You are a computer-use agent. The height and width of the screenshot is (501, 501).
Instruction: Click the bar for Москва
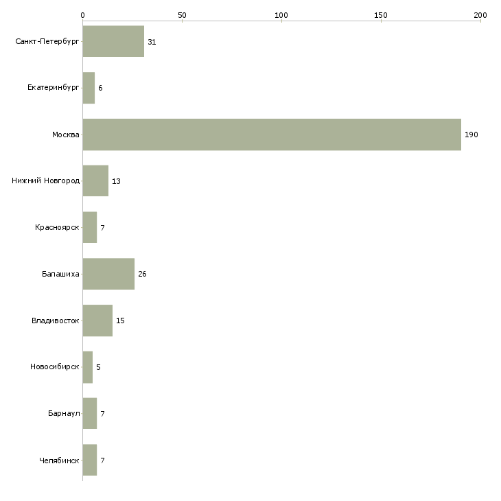click(272, 135)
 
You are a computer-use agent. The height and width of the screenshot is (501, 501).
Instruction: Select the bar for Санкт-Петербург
click(113, 41)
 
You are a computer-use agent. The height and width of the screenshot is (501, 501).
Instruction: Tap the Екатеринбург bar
click(89, 88)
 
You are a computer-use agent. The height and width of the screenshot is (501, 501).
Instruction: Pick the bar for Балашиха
click(108, 274)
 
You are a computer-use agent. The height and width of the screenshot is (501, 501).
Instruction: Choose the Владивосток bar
click(97, 321)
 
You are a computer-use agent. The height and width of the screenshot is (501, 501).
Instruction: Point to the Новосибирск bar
click(87, 367)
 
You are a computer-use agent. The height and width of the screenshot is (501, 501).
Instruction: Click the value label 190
click(471, 135)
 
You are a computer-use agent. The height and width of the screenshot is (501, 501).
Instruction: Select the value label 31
click(152, 42)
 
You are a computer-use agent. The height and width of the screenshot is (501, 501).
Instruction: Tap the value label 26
click(142, 274)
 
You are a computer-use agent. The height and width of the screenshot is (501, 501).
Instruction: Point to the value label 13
click(116, 181)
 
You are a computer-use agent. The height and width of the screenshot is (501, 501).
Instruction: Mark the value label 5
click(98, 367)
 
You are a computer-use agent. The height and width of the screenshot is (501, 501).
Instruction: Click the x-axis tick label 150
click(381, 14)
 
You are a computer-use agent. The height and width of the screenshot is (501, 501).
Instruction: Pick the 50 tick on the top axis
click(182, 14)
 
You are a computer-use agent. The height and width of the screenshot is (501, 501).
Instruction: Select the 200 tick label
click(480, 14)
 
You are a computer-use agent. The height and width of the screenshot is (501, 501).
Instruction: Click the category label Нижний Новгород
click(45, 181)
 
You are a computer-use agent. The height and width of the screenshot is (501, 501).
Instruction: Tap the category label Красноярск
click(57, 227)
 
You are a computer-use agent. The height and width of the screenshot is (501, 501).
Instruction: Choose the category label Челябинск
click(59, 461)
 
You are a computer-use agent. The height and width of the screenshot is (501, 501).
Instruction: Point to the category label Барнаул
click(64, 414)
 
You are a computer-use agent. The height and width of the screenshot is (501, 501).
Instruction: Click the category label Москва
click(66, 135)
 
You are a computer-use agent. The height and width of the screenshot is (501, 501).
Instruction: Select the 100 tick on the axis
click(281, 14)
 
